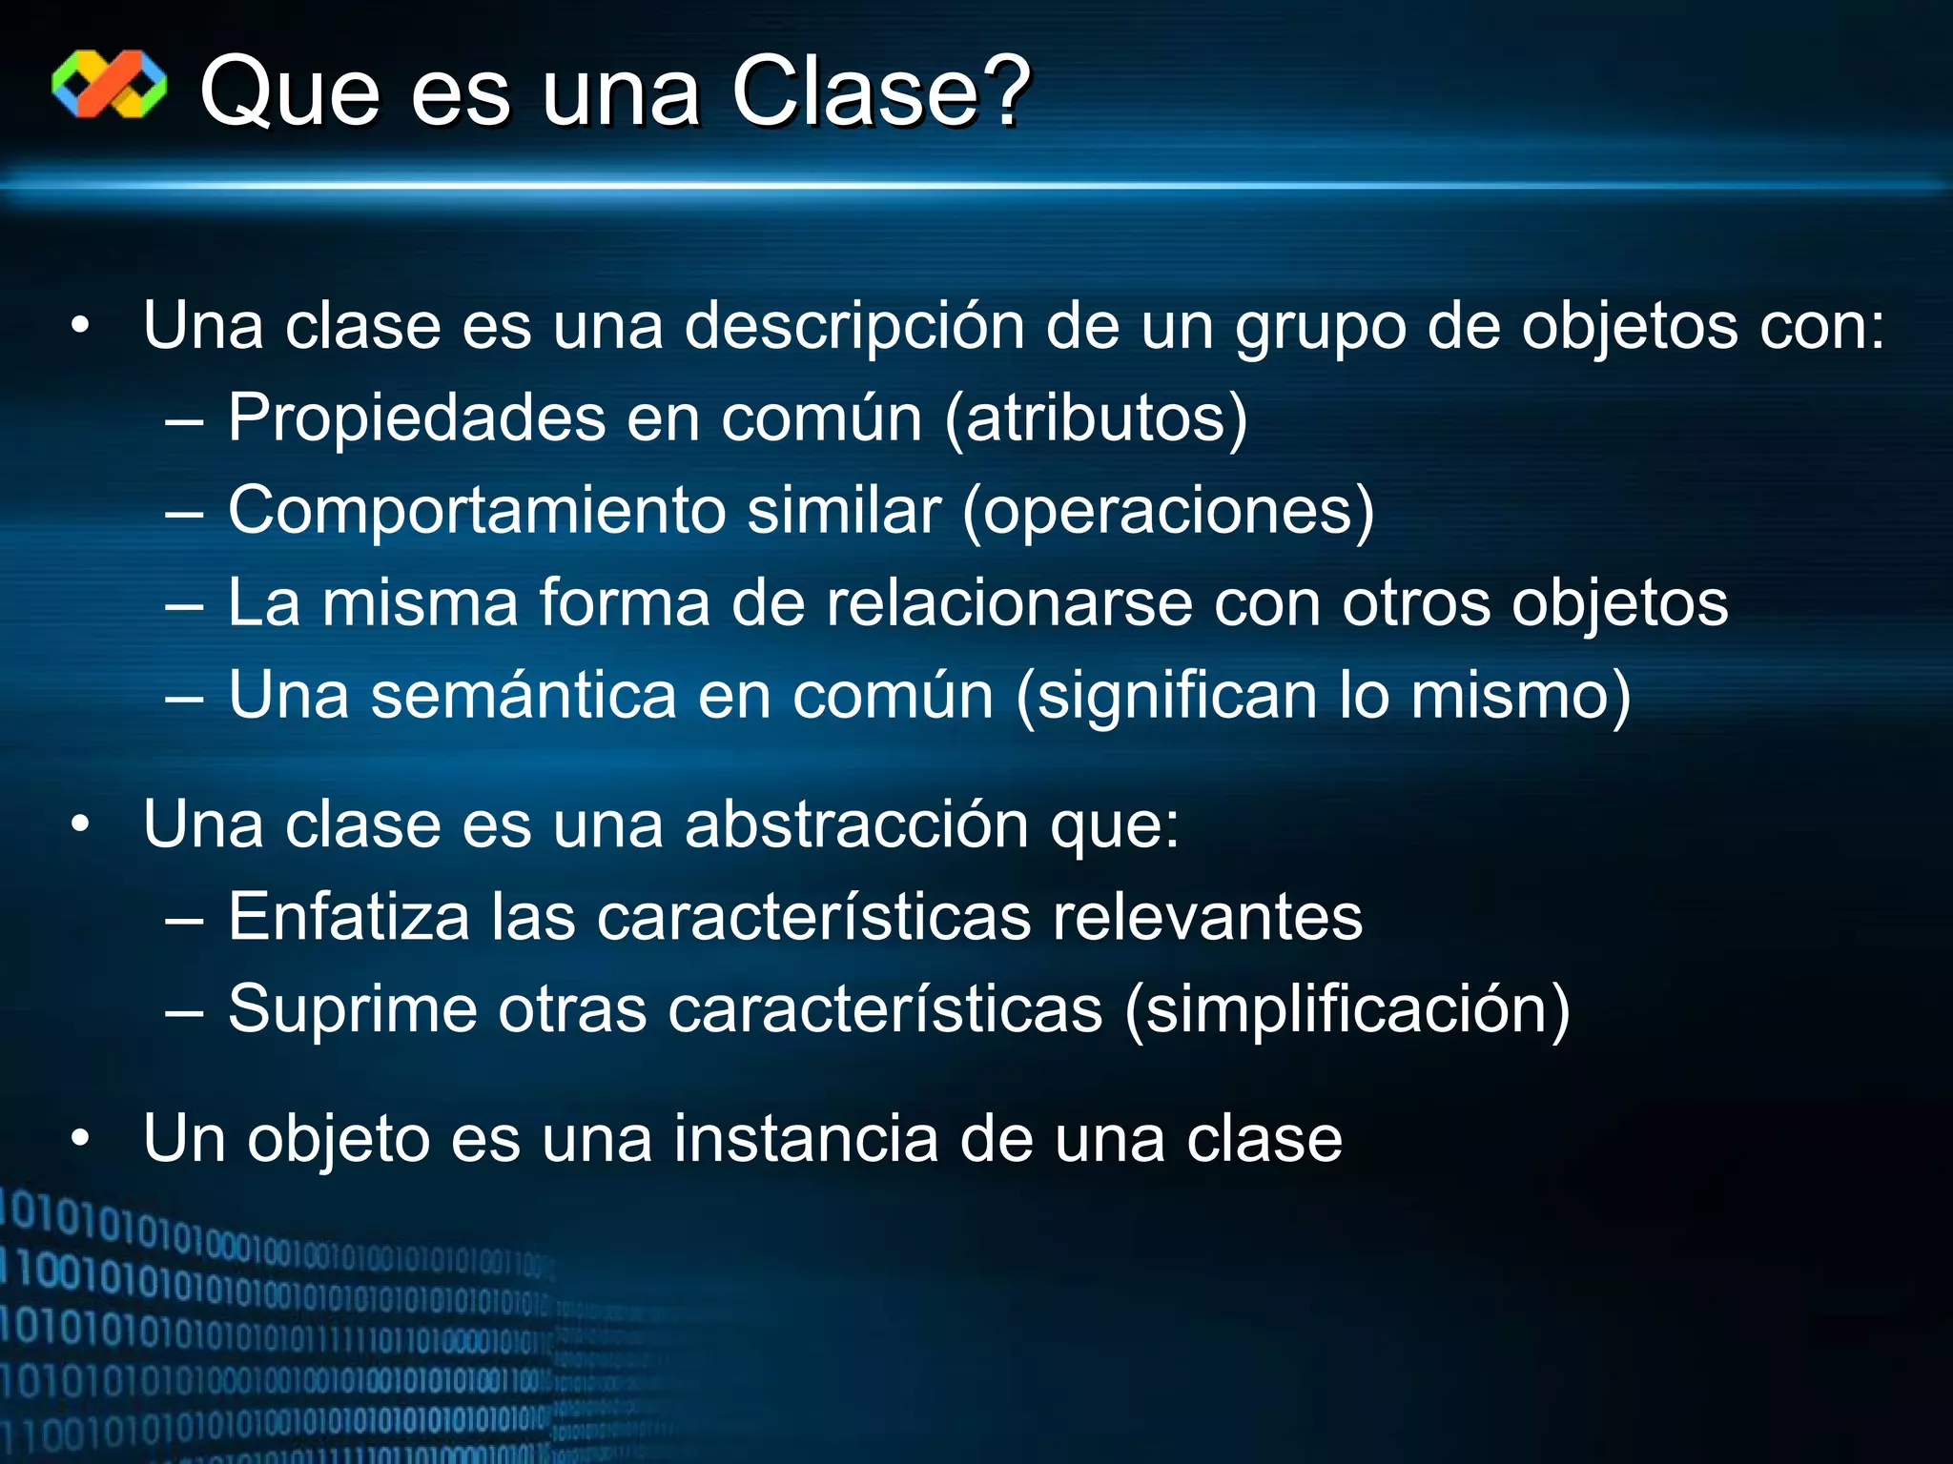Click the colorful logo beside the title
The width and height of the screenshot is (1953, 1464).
point(109,85)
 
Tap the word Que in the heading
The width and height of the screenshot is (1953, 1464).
point(290,93)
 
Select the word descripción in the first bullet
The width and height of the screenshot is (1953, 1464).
point(854,326)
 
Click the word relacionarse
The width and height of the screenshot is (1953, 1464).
point(1009,603)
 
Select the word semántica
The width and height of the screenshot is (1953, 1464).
point(524,695)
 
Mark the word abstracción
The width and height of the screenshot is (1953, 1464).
point(856,824)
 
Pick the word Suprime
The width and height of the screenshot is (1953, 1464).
point(352,1009)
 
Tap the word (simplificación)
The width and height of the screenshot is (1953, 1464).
point(1347,1009)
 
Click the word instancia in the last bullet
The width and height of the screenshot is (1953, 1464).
point(806,1139)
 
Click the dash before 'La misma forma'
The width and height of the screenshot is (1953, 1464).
point(183,605)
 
